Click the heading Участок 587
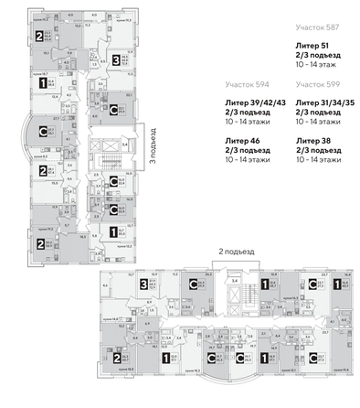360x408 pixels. click(319, 29)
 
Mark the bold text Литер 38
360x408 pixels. click(312, 141)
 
